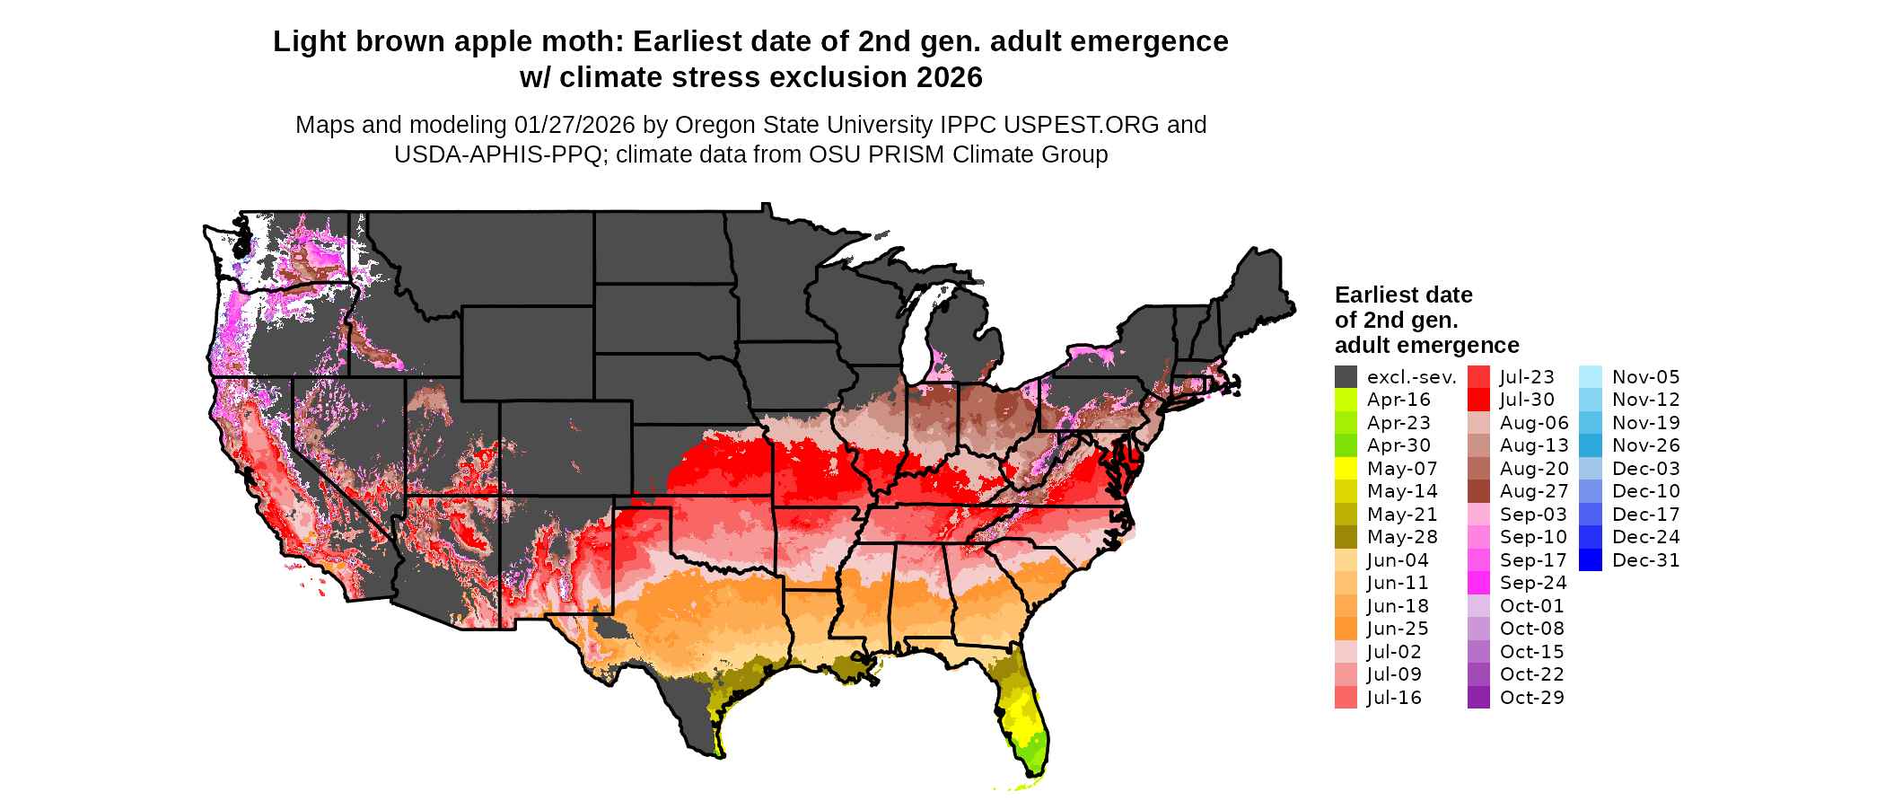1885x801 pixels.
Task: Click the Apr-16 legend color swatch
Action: coord(1346,400)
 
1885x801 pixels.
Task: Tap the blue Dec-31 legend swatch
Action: coord(1590,560)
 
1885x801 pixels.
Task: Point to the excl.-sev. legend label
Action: coord(1411,377)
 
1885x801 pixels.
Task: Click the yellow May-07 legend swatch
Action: coord(1346,469)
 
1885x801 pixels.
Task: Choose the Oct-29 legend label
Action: coord(1531,698)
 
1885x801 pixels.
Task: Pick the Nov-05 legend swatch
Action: coord(1590,377)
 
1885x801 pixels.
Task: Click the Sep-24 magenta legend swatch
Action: coord(1478,583)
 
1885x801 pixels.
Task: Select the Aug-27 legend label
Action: coord(1534,491)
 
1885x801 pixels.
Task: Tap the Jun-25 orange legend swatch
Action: coord(1346,629)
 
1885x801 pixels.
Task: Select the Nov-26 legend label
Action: coord(1645,445)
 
